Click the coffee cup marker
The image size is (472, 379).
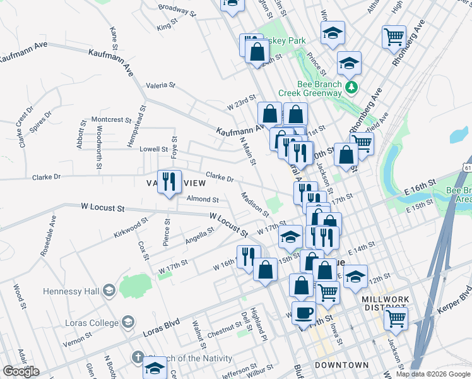point(304,313)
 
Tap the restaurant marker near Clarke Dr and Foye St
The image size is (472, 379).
point(169,182)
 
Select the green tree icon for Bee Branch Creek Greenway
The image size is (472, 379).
point(351,86)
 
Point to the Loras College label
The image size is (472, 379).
point(81,322)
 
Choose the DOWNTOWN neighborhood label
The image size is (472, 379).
point(341,365)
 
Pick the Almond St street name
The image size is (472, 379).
point(203,200)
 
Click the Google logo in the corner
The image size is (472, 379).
point(21,371)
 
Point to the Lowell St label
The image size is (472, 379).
point(154,150)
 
